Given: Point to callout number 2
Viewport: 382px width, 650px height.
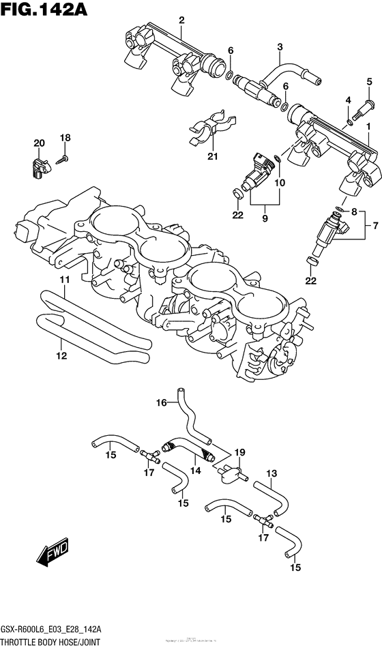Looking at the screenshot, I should [x=181, y=20].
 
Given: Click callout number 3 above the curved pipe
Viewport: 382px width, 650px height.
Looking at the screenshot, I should [x=279, y=46].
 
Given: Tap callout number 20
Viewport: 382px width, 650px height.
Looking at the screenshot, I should [x=39, y=143].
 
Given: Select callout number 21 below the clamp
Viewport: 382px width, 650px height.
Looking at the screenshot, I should [x=212, y=158].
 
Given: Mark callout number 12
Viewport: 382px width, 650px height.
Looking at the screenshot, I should [x=61, y=355].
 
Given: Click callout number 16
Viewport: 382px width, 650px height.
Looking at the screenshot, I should [x=161, y=404].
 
